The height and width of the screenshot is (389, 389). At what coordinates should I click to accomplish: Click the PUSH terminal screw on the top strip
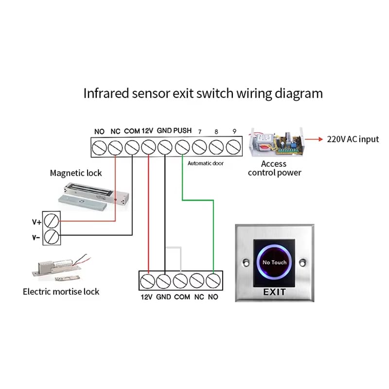pos(182,147)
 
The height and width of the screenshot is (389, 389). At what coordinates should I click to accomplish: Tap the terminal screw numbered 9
pos(233,147)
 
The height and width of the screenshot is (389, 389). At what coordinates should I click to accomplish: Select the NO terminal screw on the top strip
pos(99,148)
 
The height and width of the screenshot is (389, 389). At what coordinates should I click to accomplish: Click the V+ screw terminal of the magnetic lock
pos(52,221)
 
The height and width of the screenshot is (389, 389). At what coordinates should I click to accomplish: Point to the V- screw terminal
pos(52,237)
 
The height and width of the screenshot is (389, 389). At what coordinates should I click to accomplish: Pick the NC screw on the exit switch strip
pos(197,281)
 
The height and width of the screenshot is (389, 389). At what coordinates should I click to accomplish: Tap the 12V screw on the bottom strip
pos(148,282)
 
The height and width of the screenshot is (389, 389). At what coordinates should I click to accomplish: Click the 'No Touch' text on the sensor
pos(274,262)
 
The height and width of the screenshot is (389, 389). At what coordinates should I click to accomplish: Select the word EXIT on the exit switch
pos(274,292)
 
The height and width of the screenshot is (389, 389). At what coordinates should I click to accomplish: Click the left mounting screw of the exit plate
pos(246,263)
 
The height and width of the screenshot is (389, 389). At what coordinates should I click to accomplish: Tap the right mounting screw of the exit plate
pos(302,263)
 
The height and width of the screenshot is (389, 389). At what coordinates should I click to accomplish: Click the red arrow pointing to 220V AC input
pos(314,139)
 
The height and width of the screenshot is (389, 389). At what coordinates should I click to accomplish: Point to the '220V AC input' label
pos(353,140)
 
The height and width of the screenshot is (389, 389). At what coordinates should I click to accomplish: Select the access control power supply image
pos(277,142)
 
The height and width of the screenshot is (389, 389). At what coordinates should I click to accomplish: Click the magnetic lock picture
pos(93,197)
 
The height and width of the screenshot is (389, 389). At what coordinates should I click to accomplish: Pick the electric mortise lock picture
pos(61,268)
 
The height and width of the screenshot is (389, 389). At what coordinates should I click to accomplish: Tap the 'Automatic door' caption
pos(205,163)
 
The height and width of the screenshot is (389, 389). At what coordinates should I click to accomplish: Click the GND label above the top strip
pos(164,130)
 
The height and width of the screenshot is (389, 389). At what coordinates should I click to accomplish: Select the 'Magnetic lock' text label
pos(76,173)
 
